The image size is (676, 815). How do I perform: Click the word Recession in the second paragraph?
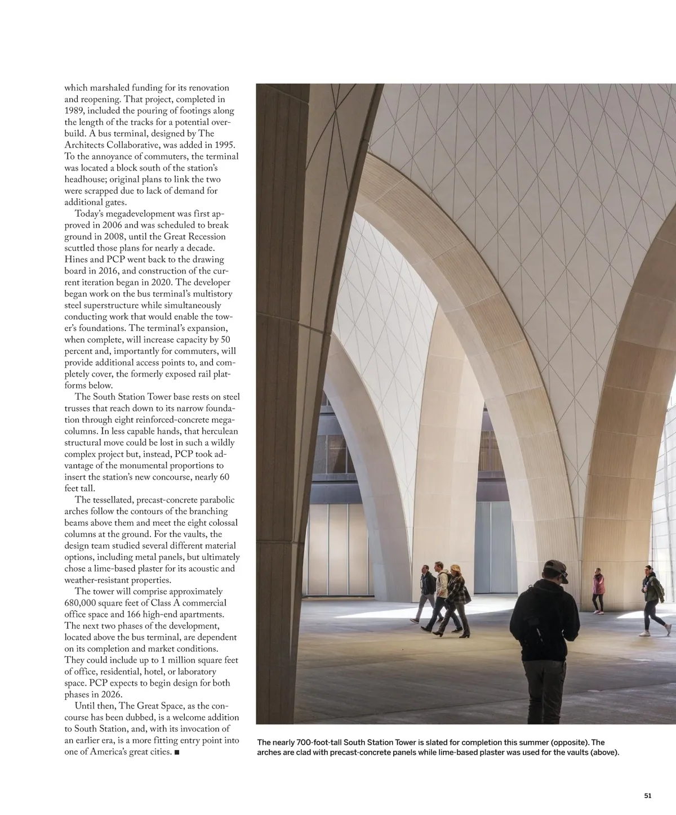pyautogui.click(x=202, y=236)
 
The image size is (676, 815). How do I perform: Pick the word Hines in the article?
pyautogui.click(x=76, y=259)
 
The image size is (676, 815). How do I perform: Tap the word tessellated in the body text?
pyautogui.click(x=114, y=500)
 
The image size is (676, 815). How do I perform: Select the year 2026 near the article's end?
pyautogui.click(x=110, y=695)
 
